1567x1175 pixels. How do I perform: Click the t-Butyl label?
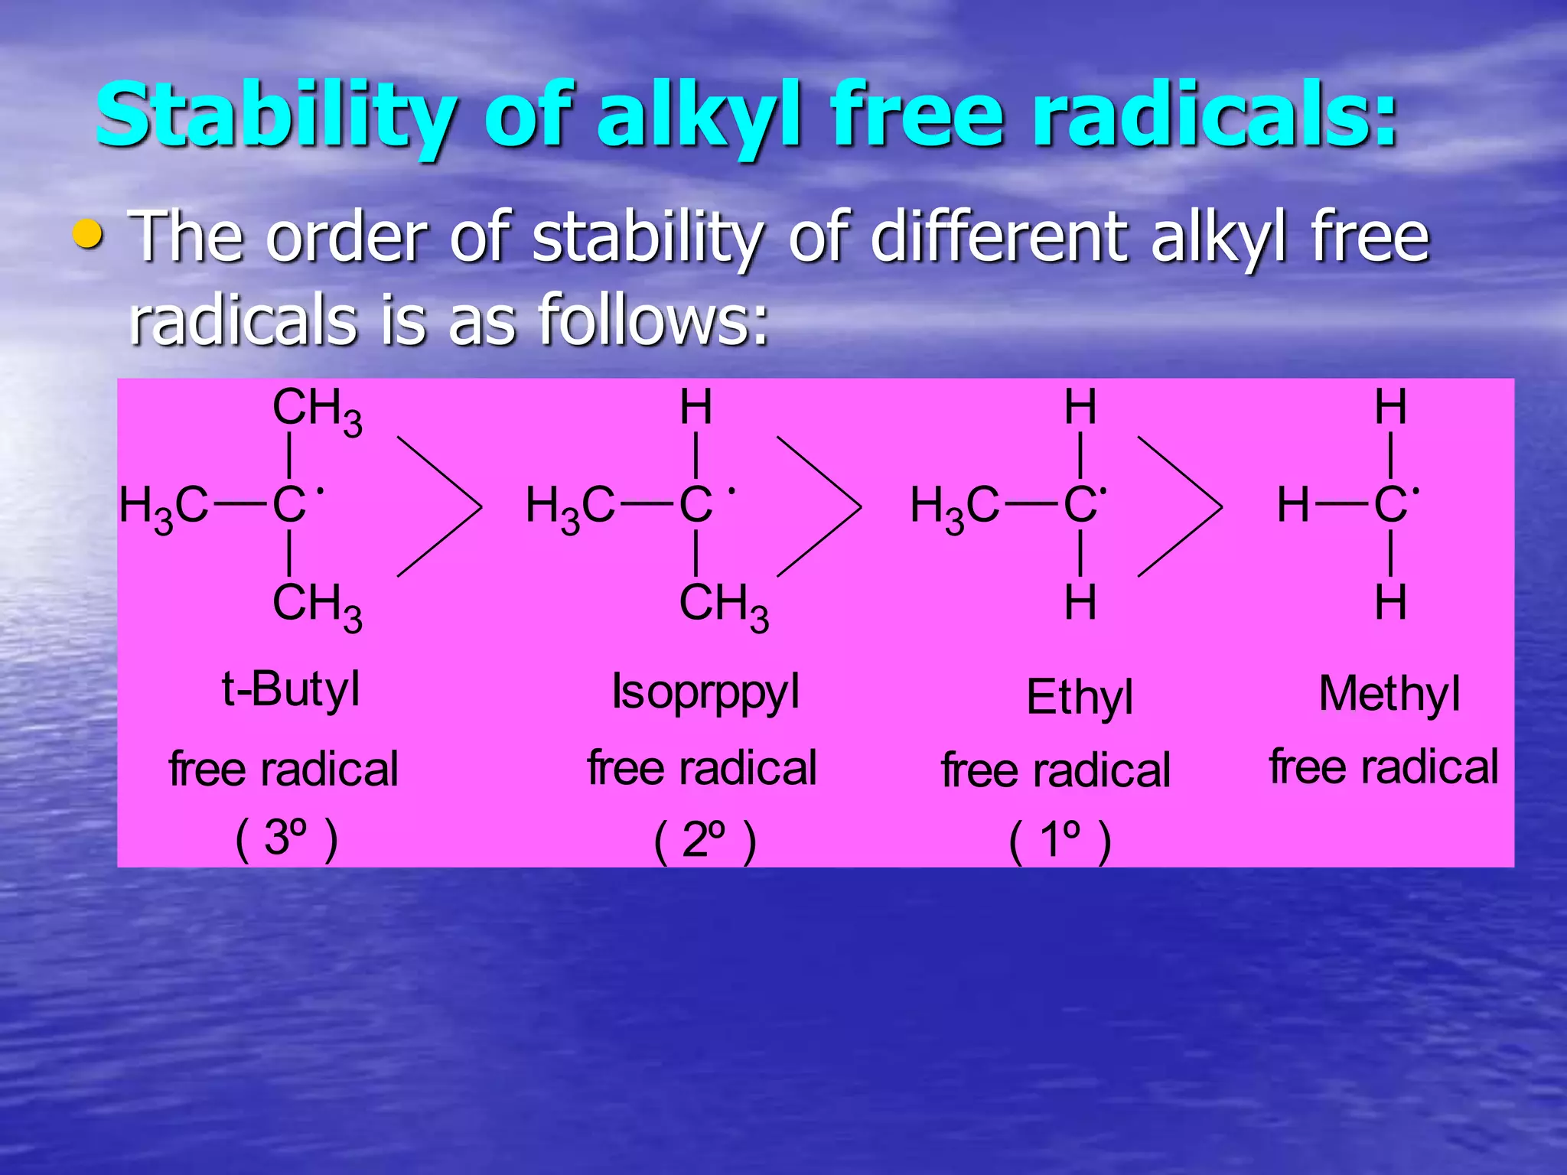290,690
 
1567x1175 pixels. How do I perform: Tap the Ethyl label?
1079,698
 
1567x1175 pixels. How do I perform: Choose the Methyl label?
1389,695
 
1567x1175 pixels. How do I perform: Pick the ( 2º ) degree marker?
705,841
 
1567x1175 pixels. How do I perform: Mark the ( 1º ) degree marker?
1060,841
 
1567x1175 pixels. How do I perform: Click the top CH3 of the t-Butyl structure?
316,410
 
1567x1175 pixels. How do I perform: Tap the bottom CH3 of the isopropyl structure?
723,606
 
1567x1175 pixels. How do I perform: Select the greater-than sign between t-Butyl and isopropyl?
439,506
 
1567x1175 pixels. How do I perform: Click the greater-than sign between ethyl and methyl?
1180,506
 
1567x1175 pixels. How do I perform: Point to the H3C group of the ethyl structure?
954,507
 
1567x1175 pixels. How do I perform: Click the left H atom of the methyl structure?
1292,506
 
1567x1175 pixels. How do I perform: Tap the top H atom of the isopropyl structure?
696,407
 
